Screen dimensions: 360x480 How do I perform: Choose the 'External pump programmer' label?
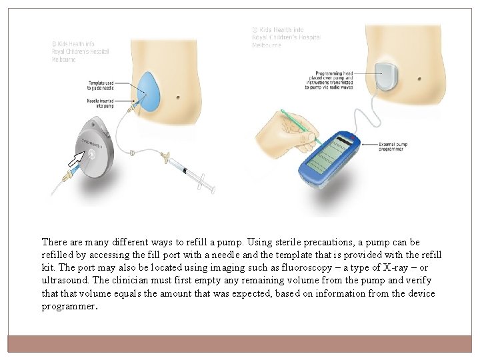pyautogui.click(x=392, y=147)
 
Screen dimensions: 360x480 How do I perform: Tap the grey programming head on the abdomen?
pyautogui.click(x=387, y=75)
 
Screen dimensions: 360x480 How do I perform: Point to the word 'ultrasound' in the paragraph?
pyautogui.click(x=64, y=281)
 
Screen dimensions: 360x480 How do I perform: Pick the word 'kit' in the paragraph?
pyautogui.click(x=48, y=268)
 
